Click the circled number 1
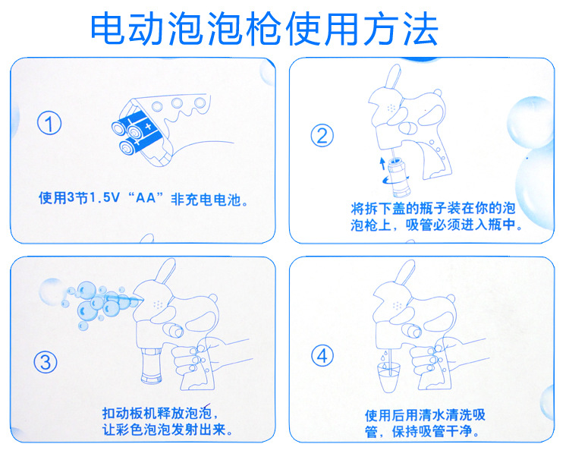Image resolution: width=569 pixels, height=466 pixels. click(x=49, y=124)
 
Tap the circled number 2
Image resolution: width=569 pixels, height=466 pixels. click(x=322, y=135)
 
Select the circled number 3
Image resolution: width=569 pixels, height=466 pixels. click(x=46, y=361)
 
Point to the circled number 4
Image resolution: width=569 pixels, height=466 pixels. click(x=322, y=356)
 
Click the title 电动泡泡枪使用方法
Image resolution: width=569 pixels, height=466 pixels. click(x=264, y=28)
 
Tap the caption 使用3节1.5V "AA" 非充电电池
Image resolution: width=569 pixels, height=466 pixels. click(x=143, y=199)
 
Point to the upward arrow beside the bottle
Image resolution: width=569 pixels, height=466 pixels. click(x=382, y=163)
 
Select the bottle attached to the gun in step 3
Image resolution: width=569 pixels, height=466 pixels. click(x=151, y=365)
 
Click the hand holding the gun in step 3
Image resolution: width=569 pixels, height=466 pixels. click(x=203, y=357)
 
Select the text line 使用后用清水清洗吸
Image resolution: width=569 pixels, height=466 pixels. click(x=425, y=415)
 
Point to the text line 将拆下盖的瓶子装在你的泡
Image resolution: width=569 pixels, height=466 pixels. click(x=433, y=208)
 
